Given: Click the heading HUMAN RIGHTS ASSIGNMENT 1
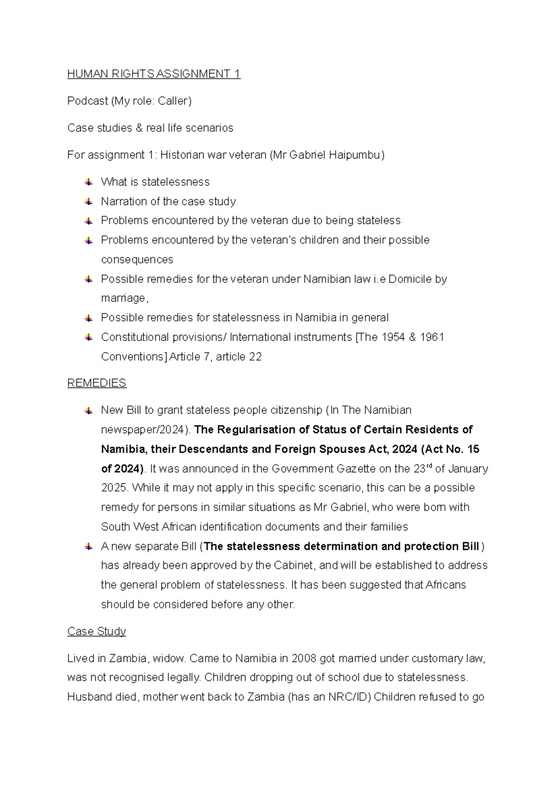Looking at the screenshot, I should (153, 74).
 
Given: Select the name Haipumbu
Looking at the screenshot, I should (355, 155).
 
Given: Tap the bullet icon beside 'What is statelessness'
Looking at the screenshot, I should (88, 182).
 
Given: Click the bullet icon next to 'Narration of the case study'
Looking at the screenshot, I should (88, 201).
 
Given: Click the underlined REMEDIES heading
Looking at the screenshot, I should (97, 383).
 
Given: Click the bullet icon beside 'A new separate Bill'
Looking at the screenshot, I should (88, 547).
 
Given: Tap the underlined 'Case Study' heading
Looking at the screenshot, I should (97, 631).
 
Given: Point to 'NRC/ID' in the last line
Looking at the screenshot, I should (349, 697).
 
